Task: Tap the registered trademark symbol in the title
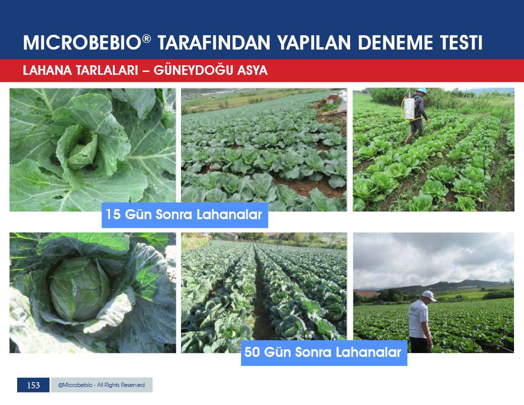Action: [146, 39]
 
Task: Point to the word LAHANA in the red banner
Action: [47, 71]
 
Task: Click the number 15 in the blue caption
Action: [113, 214]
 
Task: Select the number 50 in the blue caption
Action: [252, 352]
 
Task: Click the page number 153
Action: [33, 385]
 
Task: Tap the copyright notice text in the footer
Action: [101, 385]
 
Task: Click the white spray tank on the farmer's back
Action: [409, 109]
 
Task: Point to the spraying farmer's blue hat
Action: [422, 91]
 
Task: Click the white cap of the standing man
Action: [429, 295]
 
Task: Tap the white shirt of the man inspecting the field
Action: [418, 318]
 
